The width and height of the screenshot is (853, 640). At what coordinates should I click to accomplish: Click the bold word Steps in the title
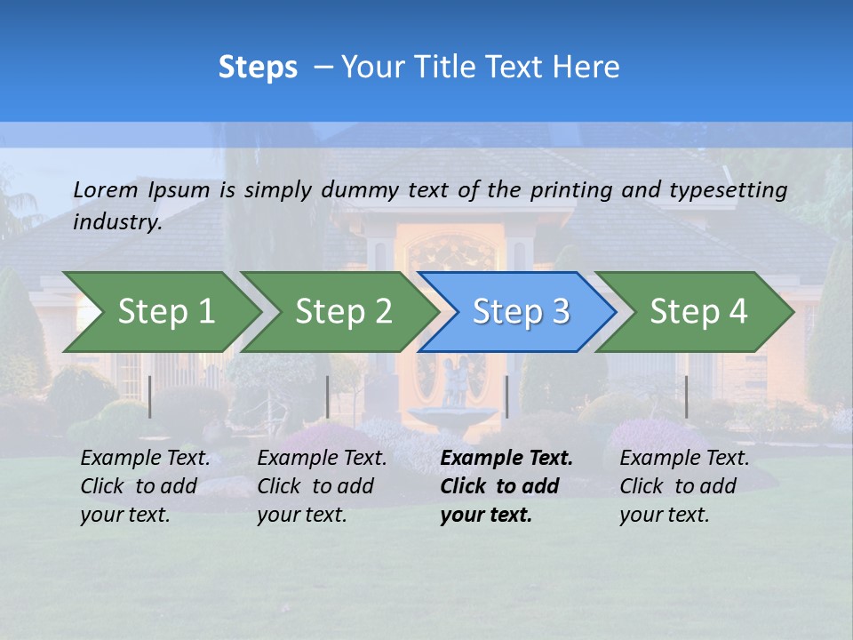258,68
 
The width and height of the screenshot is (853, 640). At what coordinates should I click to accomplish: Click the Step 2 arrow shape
343,312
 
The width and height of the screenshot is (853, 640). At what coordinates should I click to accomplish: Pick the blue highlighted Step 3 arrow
520,312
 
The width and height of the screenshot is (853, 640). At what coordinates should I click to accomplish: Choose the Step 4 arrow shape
698,312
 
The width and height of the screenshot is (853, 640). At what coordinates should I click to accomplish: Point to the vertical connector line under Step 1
150,396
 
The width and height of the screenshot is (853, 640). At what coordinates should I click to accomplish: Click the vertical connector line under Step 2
328,396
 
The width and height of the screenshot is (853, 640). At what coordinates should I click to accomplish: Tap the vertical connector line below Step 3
506,396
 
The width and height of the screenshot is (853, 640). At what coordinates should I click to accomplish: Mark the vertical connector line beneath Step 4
686,396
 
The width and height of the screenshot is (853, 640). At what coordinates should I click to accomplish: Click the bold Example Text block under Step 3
506,486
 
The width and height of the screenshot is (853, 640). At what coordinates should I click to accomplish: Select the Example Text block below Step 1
145,486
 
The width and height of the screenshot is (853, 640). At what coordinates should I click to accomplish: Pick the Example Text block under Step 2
322,486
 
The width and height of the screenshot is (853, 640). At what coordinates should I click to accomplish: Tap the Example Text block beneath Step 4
684,486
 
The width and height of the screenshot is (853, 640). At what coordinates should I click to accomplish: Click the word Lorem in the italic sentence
106,190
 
